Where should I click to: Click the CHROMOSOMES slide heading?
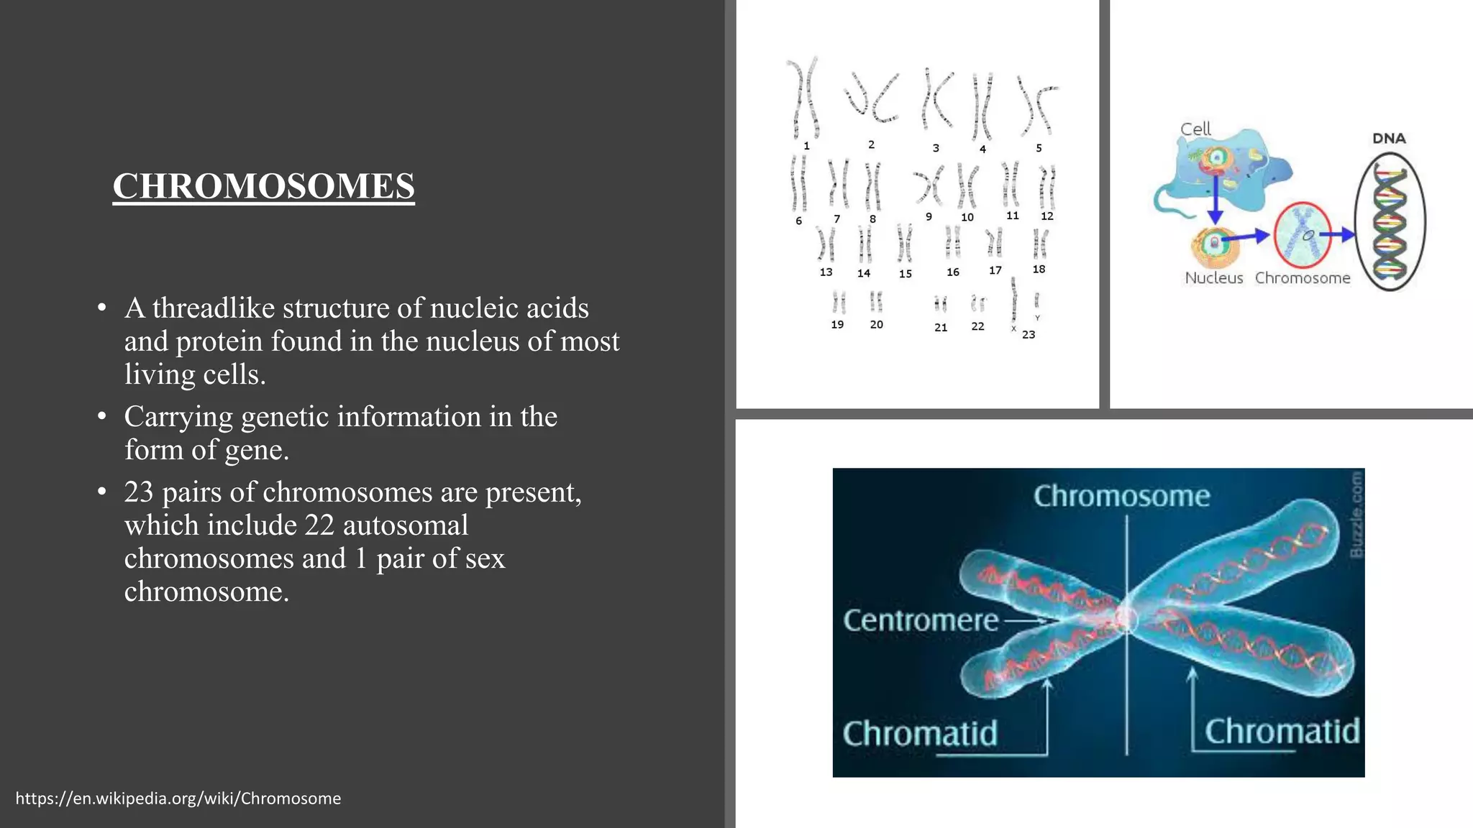click(x=263, y=186)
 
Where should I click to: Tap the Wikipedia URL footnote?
click(x=178, y=799)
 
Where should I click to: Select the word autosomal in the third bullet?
click(x=406, y=525)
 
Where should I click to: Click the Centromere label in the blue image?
click(x=921, y=620)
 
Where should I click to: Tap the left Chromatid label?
click(x=920, y=734)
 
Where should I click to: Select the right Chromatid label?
click(x=1282, y=732)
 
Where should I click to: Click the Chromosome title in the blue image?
click(x=1121, y=496)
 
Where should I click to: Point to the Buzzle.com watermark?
click(x=1356, y=514)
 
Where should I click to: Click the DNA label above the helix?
click(x=1389, y=138)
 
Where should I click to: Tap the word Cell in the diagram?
click(x=1195, y=129)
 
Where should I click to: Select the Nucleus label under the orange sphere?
click(x=1213, y=278)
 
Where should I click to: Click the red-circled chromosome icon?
click(x=1303, y=235)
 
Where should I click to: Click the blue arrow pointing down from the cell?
click(x=1215, y=201)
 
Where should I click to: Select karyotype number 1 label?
click(x=806, y=146)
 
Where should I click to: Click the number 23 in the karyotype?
click(x=1029, y=334)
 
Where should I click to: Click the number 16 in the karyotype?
click(x=952, y=272)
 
